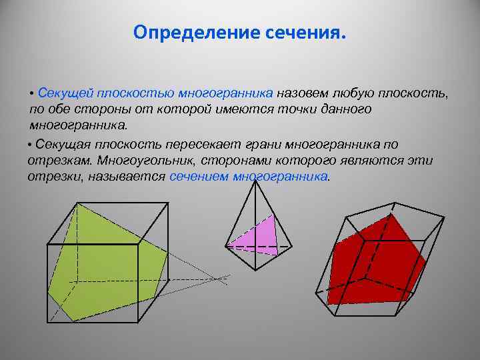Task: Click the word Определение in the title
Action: click(x=183, y=33)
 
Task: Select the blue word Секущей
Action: click(x=65, y=93)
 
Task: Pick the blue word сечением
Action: click(x=198, y=177)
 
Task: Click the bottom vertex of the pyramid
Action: click(x=254, y=269)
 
